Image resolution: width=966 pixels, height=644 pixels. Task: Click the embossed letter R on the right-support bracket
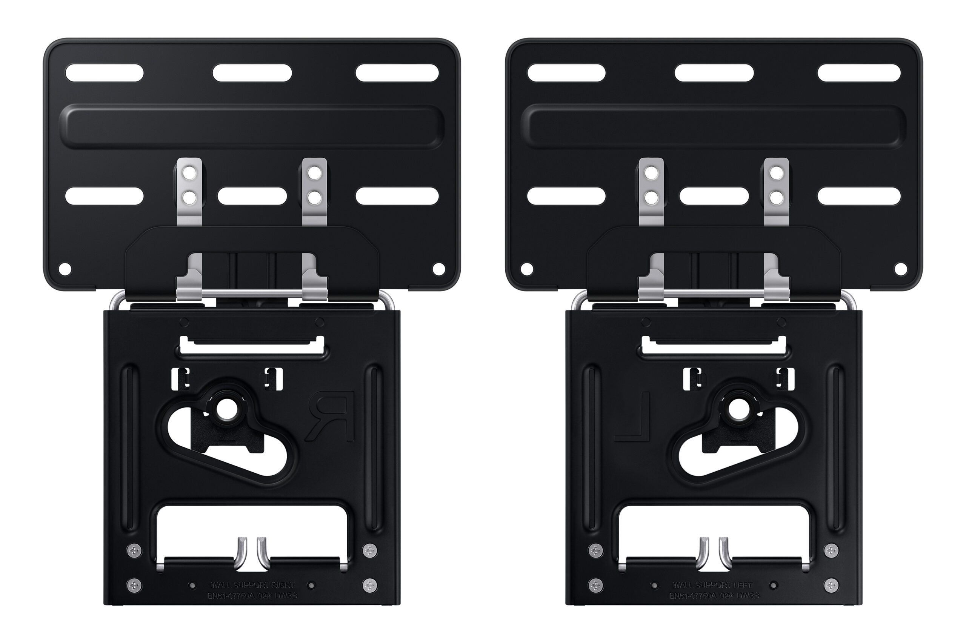click(x=332, y=417)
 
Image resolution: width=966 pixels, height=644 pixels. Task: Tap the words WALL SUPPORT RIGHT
click(x=252, y=584)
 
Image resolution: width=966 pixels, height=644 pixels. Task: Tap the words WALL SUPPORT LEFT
click(x=712, y=584)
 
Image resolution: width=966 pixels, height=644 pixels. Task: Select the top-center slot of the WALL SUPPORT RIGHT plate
click(x=252, y=73)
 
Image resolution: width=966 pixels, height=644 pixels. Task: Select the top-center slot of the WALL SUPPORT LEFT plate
click(x=714, y=73)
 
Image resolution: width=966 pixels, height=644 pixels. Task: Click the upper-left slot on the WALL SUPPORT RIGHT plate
click(x=104, y=73)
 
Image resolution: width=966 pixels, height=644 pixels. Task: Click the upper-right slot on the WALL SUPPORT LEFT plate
click(x=859, y=73)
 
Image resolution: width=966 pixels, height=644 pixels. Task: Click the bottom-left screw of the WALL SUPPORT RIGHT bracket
click(x=134, y=585)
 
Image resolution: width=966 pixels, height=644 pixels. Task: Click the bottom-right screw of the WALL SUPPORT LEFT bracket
click(x=831, y=585)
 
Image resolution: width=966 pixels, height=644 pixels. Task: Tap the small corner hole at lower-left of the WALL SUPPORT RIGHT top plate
click(x=65, y=269)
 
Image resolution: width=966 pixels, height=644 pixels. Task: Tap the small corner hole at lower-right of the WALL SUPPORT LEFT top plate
click(x=901, y=269)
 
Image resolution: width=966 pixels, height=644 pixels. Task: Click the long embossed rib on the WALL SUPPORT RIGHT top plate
click(x=252, y=126)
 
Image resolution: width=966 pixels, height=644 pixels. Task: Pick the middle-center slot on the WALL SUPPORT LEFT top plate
click(x=714, y=196)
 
